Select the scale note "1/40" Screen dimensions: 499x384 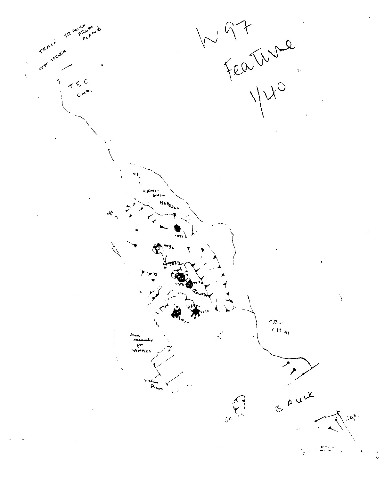click(267, 96)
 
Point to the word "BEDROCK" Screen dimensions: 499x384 click(169, 205)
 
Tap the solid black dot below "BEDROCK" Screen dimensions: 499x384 click(177, 228)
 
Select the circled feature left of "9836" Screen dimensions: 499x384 click(157, 248)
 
